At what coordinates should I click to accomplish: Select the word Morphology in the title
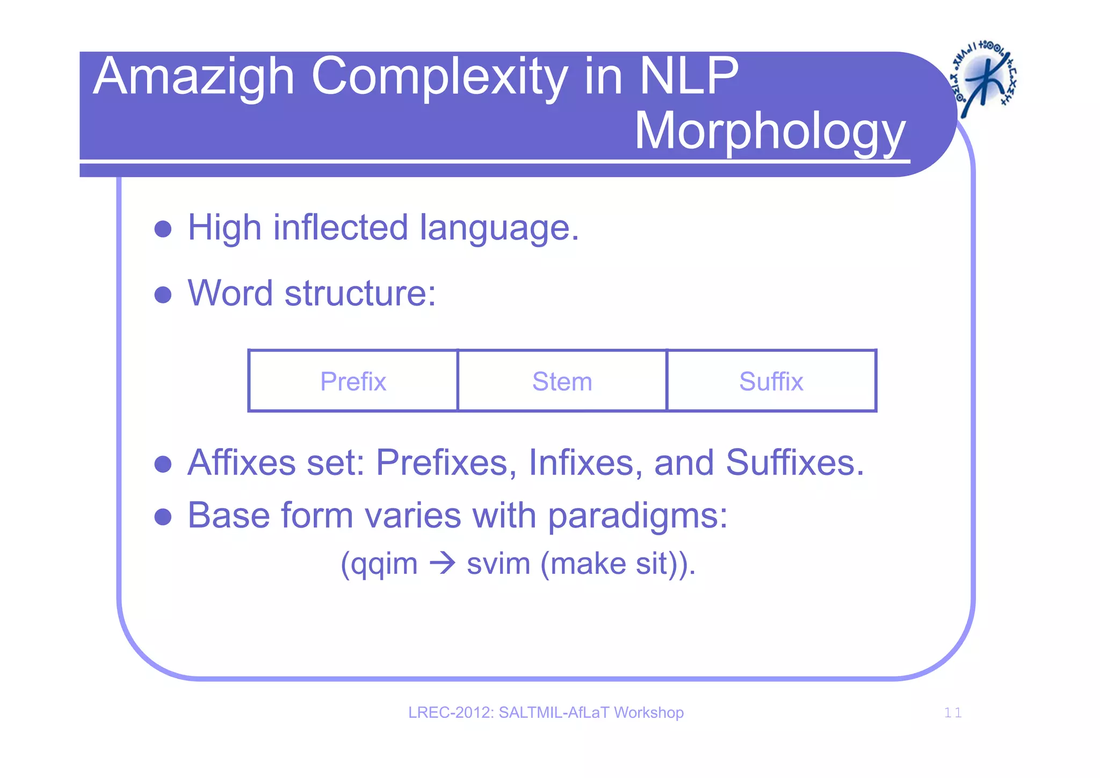[770, 132]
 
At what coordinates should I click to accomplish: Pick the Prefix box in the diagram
[353, 381]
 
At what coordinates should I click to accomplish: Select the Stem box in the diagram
[562, 381]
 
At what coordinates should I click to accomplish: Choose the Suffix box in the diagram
[771, 381]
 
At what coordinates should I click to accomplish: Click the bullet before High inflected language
[162, 229]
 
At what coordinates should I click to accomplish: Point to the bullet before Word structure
[162, 294]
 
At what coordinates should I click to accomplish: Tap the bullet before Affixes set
[162, 464]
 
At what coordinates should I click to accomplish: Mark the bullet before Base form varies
[162, 517]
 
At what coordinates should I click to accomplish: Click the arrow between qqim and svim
[442, 564]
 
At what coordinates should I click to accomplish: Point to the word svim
[498, 564]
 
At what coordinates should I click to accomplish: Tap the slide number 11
[952, 713]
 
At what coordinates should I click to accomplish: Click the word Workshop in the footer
[648, 712]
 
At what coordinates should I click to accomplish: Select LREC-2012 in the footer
[450, 712]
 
